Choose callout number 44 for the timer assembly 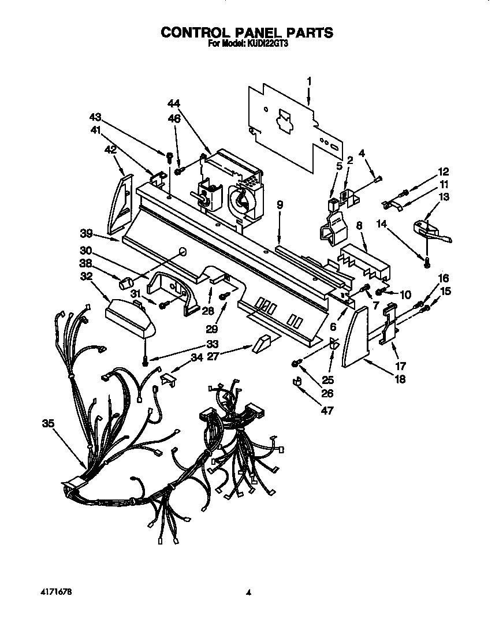(x=174, y=103)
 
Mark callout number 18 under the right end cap (x=400, y=379)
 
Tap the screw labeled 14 (x=427, y=263)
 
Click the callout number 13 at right (x=444, y=197)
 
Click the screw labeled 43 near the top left (x=169, y=156)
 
